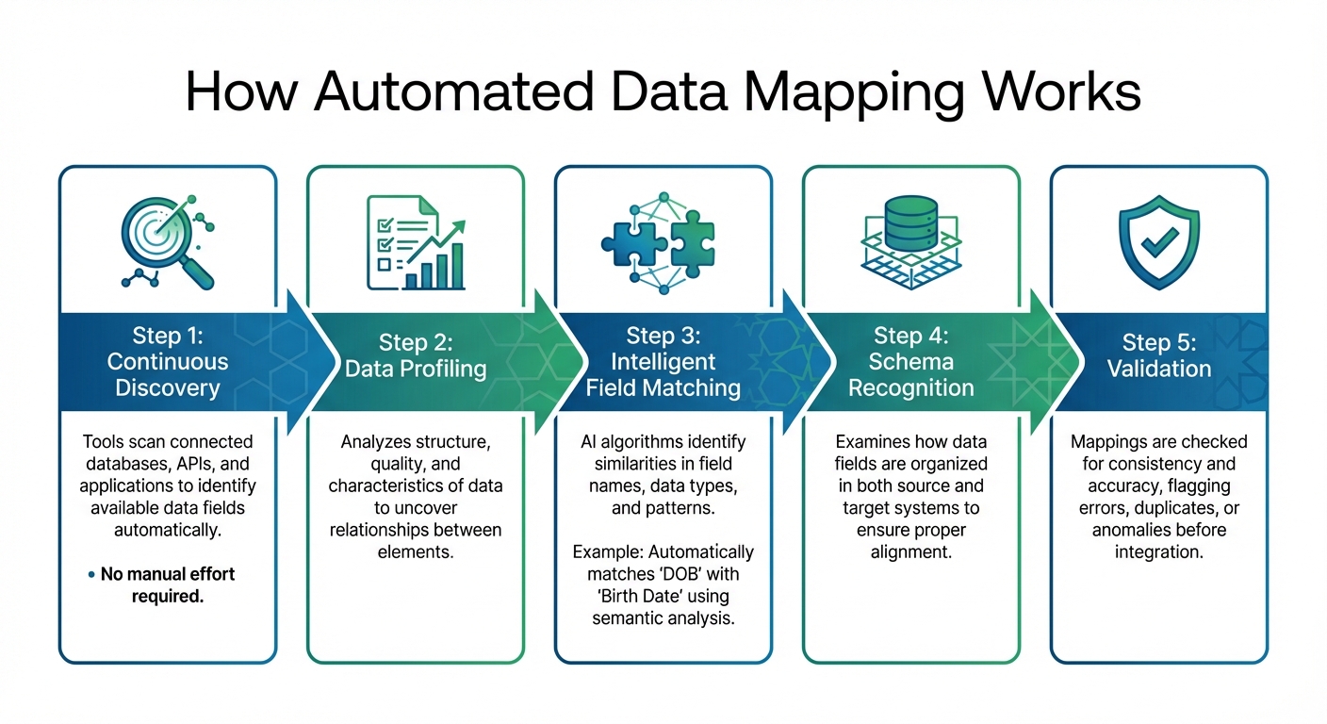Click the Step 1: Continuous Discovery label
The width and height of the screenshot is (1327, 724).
(167, 362)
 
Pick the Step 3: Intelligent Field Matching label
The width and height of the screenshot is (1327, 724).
(663, 362)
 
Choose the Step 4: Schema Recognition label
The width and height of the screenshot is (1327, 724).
(910, 362)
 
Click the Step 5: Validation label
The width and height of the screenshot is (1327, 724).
(1158, 354)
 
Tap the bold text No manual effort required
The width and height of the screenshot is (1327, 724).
(168, 584)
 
